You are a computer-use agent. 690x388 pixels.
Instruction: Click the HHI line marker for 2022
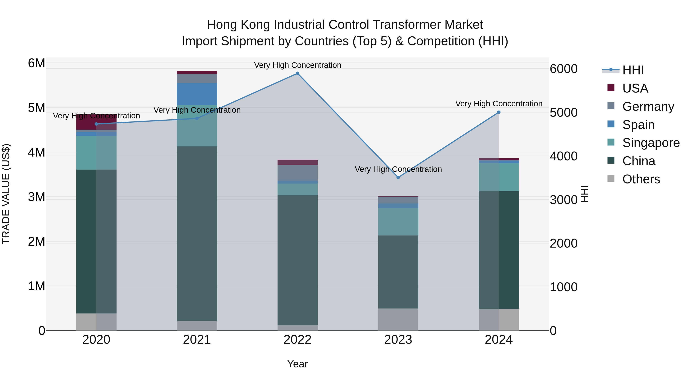pos(297,73)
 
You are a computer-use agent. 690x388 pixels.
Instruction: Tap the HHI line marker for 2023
pos(398,178)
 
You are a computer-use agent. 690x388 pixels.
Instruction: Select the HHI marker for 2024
pos(499,112)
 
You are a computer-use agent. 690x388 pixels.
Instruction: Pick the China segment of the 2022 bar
pos(297,260)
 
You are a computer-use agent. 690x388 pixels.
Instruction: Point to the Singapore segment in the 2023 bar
pos(398,222)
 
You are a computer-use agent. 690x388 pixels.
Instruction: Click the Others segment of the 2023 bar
pos(398,319)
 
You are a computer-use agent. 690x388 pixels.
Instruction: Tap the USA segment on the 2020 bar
pos(86,122)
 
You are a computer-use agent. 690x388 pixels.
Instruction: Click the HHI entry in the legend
pos(633,70)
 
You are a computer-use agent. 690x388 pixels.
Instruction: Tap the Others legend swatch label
pos(641,179)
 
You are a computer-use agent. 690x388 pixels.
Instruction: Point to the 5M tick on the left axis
pos(36,108)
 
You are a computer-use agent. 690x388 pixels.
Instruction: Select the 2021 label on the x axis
pos(197,340)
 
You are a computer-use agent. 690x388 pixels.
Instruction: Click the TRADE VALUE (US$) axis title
pos(6,194)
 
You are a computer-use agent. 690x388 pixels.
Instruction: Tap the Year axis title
pos(297,364)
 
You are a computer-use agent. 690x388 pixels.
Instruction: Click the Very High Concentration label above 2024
pos(499,104)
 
